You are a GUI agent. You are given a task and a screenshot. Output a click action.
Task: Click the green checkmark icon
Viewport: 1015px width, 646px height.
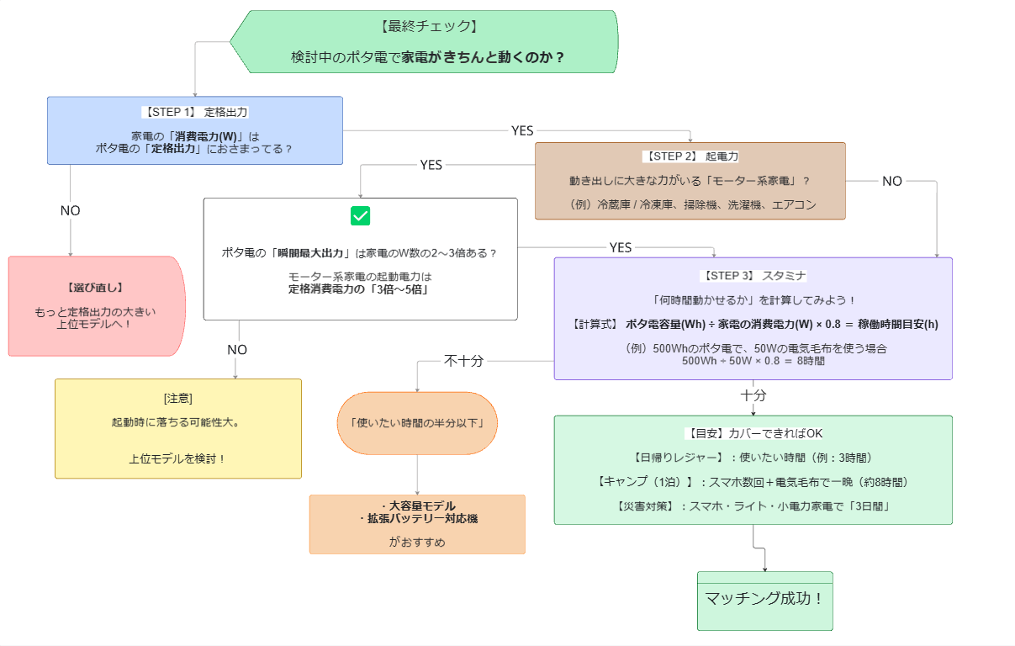coord(360,216)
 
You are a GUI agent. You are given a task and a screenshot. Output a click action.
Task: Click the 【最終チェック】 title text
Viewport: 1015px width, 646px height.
coord(429,26)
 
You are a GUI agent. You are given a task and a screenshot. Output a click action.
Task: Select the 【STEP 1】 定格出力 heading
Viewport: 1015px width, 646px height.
coord(195,112)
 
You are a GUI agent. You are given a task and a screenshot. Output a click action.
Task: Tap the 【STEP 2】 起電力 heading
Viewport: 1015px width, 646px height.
coord(690,156)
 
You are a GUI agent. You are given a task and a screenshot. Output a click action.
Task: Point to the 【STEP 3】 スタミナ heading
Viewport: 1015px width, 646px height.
coord(753,276)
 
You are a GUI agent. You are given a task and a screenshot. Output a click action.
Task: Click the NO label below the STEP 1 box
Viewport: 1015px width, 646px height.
coord(71,210)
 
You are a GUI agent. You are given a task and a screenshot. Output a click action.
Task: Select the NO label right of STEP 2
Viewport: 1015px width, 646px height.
coord(891,182)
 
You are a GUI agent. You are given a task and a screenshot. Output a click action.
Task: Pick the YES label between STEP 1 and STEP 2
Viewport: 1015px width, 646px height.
coord(522,131)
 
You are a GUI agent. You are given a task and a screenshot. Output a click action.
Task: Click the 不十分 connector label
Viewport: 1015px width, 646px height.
coord(463,361)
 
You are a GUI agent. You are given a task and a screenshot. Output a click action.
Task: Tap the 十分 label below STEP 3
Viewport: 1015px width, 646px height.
coord(753,395)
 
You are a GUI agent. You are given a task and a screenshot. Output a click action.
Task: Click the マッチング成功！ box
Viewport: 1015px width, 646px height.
coord(765,601)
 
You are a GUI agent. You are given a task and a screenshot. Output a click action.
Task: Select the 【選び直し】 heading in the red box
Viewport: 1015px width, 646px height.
coord(95,288)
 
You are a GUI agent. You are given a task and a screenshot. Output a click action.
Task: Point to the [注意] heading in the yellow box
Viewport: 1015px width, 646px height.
coord(178,399)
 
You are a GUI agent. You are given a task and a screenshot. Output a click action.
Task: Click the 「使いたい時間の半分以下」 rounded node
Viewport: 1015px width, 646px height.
coord(417,423)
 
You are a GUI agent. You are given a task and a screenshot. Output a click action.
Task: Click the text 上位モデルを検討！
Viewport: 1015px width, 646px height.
coord(178,458)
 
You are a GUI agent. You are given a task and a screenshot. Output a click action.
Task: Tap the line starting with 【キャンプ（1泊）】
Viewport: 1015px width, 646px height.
coord(753,482)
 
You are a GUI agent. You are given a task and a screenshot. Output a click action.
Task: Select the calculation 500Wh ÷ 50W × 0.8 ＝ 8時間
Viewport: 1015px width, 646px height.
coord(753,361)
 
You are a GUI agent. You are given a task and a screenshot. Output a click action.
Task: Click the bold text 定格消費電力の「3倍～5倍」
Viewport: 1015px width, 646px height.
coord(360,289)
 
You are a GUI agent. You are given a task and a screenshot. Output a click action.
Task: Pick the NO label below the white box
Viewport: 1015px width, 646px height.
coord(237,350)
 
